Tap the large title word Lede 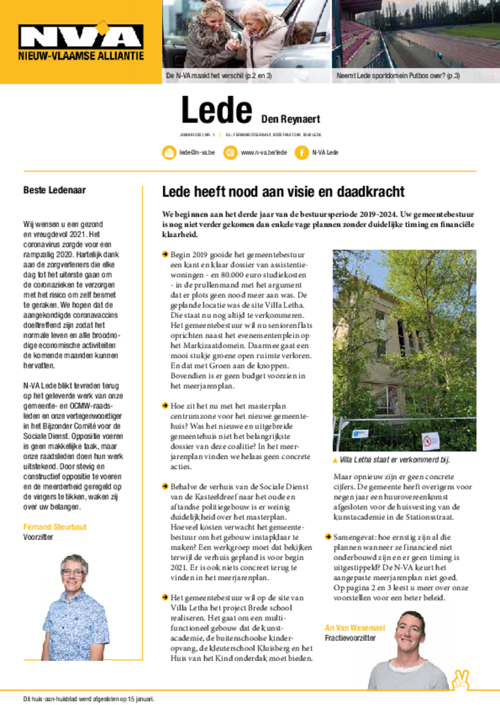tap(215, 111)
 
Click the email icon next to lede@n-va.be tap(169, 153)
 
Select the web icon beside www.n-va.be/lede tap(231, 153)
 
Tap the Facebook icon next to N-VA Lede tap(301, 153)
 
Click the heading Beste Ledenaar tap(55, 190)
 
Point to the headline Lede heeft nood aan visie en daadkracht tap(282, 192)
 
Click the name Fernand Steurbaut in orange tap(55, 527)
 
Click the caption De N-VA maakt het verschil tap(219, 75)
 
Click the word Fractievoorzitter tap(351, 638)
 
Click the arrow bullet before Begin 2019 tap(165, 254)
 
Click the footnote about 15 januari tap(89, 698)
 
